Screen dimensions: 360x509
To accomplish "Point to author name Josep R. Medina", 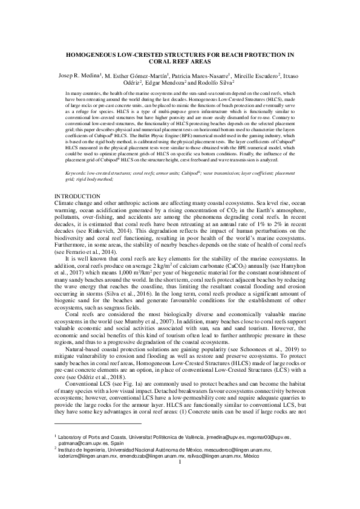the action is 77,74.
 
